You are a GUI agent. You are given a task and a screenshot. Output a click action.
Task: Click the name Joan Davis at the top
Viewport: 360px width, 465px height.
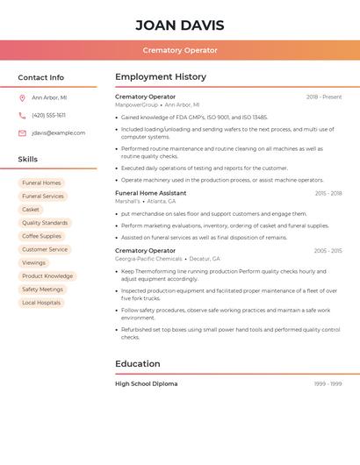coord(180,25)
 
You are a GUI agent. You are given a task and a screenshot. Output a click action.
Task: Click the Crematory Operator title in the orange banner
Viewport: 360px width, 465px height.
coord(180,50)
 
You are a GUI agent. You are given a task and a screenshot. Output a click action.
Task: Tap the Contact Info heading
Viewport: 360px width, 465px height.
coord(41,77)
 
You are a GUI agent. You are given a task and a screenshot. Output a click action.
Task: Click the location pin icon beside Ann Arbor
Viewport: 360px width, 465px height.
coord(22,97)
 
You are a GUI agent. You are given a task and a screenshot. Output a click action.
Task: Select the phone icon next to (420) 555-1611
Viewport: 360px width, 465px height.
coord(22,115)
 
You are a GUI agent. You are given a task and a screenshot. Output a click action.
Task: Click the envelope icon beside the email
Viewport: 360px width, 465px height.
coord(22,132)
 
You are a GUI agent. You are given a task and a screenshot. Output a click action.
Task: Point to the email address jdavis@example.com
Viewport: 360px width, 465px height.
coord(59,132)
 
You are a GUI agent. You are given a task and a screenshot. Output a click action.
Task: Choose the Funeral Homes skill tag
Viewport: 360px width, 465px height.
coord(41,182)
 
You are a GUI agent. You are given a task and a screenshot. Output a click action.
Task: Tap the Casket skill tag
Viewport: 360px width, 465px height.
coord(31,210)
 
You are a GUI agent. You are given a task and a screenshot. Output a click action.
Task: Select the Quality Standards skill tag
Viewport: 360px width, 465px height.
coord(45,223)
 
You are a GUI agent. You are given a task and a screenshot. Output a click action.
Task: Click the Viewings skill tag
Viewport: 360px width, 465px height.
coord(33,262)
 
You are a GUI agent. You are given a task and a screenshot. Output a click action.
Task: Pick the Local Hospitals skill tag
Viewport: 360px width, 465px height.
coord(41,303)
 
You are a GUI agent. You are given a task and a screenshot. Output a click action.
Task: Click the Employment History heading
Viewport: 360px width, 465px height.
coord(161,77)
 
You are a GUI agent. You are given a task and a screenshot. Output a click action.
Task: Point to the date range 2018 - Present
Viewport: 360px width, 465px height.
coord(324,97)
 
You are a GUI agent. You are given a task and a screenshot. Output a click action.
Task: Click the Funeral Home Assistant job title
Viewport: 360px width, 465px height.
coord(151,193)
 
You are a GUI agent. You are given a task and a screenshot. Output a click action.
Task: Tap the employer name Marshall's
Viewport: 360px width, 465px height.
coord(127,201)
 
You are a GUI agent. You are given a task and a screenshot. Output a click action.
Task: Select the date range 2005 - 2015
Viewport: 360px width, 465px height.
coord(328,251)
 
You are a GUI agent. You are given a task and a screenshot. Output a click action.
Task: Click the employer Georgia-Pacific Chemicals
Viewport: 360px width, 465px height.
coord(148,259)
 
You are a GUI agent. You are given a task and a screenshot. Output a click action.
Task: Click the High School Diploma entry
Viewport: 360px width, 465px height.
coord(147,383)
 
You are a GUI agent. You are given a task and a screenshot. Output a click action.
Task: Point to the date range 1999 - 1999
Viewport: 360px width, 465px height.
coord(328,383)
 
